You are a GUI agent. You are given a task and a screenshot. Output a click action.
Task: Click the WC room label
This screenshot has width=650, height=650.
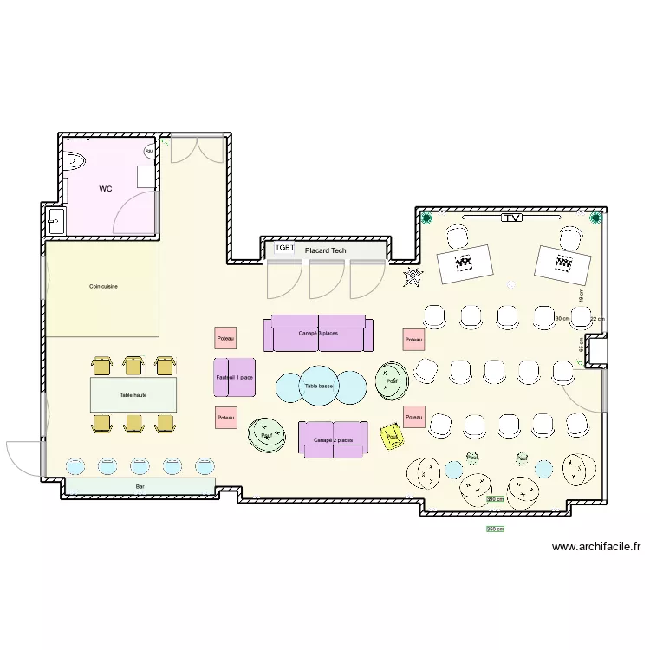coord(105,188)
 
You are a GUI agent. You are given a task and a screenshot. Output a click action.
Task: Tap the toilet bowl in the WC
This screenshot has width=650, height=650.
coord(75,160)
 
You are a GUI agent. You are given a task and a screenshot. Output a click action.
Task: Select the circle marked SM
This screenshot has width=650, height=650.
coord(149,153)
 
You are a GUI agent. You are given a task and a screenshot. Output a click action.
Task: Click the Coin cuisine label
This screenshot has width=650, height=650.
coord(102,286)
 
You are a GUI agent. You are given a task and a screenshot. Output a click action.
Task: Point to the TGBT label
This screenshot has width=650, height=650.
coord(284,248)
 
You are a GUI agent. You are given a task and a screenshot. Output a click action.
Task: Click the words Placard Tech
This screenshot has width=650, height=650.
coord(326,251)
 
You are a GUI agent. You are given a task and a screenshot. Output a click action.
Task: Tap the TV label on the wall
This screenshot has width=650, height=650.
coord(512,218)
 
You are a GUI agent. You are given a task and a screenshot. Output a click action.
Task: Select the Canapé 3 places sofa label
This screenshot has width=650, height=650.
coord(318,334)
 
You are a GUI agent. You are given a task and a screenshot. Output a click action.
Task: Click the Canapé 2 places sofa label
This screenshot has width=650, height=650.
coord(333,440)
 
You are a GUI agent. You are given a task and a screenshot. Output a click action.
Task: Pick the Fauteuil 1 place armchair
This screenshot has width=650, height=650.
coord(235,378)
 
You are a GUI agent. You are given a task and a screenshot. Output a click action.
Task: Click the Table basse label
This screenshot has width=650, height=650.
coord(319,387)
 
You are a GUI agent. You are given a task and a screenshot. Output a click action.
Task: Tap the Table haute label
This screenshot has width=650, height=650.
coord(133,395)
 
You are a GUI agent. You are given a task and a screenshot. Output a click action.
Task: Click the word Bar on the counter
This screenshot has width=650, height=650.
coord(140,487)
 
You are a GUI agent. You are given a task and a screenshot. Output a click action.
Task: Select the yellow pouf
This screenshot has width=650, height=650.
coord(393,436)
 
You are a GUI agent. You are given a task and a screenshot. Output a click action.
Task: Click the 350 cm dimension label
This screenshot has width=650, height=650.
coord(495,529)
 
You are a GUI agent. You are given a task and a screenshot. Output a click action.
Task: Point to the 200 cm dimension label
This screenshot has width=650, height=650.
coord(495,500)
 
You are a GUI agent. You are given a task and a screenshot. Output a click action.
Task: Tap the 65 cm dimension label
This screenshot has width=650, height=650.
coord(580,343)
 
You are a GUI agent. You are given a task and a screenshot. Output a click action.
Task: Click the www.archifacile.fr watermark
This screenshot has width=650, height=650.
coord(596,547)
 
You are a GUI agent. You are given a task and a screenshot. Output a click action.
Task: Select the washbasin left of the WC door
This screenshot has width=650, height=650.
coord(55,221)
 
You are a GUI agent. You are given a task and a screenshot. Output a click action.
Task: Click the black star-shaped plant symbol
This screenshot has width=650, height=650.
coord(413,277)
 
